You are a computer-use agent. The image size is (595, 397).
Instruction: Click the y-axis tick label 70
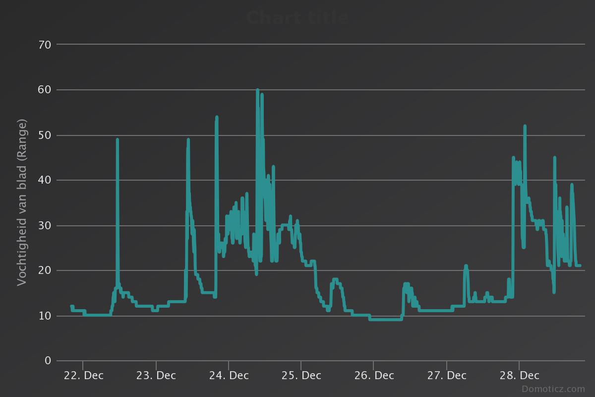45,45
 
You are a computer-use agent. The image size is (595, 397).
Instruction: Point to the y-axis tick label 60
45,90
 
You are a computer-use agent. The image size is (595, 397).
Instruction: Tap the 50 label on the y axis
45,135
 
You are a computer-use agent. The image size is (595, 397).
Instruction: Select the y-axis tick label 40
45,180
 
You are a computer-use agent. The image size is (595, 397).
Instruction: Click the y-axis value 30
45,225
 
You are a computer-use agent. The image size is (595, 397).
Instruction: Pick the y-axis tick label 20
45,270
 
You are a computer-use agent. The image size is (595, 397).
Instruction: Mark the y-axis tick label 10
45,316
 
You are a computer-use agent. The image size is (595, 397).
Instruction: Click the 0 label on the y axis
48,361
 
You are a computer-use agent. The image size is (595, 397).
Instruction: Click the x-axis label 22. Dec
83,376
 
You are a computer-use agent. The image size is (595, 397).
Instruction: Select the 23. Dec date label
156,376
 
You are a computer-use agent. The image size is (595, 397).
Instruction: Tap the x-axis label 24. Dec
229,376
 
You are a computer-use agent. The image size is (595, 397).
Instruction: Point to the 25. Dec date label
301,376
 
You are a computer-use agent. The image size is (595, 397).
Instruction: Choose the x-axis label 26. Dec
374,376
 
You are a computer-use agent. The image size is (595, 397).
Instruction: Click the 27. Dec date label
446,376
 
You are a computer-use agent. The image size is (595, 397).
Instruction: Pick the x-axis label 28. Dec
519,376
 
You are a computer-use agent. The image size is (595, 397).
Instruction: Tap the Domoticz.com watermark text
553,389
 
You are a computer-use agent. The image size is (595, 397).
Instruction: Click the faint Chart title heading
297,18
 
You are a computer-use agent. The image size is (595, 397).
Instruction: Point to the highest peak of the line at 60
257,90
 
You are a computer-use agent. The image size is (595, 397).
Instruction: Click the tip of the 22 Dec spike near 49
118,140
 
